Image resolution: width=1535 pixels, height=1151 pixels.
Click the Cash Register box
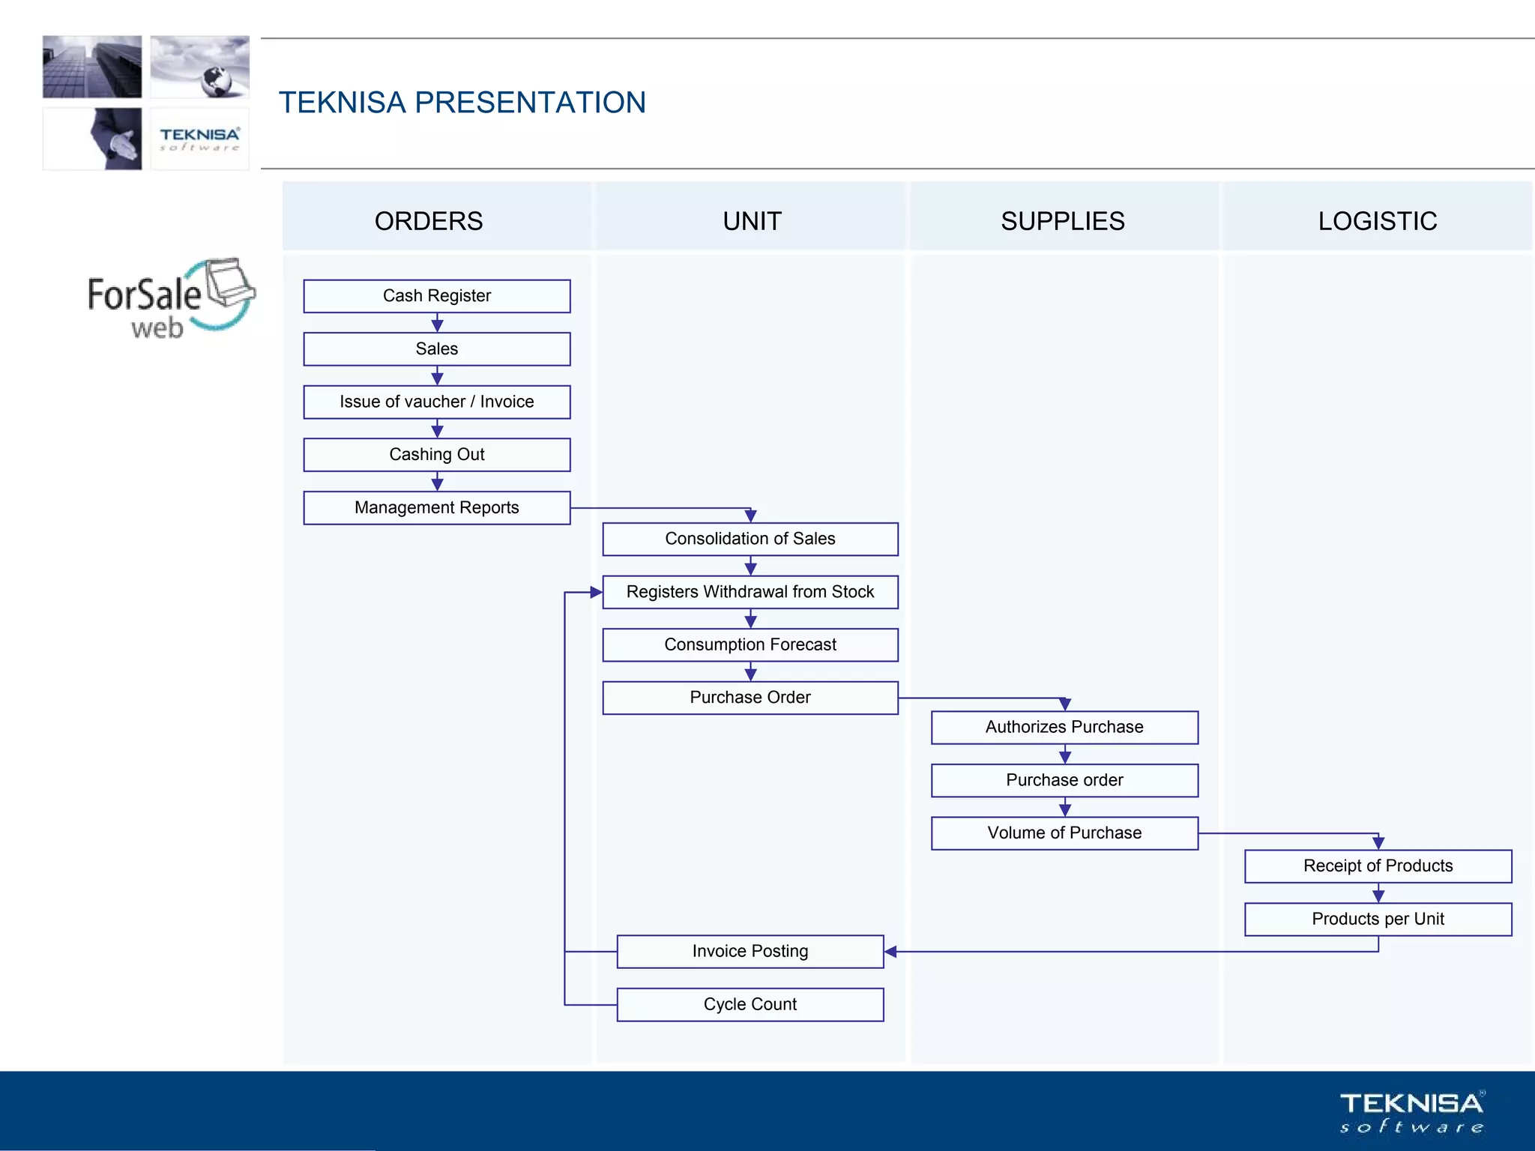point(436,296)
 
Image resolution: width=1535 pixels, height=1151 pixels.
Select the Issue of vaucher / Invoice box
point(436,402)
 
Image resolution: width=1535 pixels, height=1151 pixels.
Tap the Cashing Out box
point(436,455)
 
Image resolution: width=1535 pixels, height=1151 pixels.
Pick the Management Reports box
point(436,507)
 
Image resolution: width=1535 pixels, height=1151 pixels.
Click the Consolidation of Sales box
point(750,539)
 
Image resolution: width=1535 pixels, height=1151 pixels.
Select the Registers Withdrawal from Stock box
point(750,592)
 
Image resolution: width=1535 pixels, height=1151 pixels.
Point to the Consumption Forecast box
point(750,644)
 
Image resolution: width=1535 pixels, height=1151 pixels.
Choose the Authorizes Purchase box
point(1064,727)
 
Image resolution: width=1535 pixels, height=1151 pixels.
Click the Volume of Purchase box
point(1064,833)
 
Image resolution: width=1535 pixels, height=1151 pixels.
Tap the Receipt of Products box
point(1378,865)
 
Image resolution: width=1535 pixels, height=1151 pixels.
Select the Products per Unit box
point(1378,919)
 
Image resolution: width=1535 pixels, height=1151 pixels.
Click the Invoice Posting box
point(750,951)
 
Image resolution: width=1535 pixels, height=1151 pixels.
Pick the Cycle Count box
point(750,1004)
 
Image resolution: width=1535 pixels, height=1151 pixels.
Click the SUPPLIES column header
point(1063,221)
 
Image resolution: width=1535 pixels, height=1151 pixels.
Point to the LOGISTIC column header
point(1378,221)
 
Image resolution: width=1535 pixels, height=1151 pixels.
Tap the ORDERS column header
point(429,221)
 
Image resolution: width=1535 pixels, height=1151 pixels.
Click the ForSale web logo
point(171,299)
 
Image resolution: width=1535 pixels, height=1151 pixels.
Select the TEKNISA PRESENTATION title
point(462,103)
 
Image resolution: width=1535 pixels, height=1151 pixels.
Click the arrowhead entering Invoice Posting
point(890,952)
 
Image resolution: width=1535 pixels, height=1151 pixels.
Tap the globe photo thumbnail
point(200,67)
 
